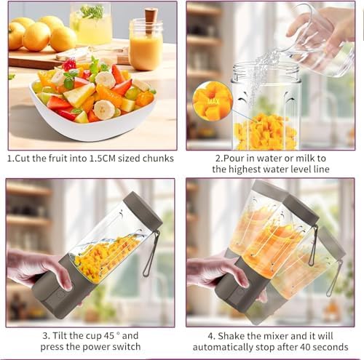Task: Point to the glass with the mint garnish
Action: [x=92, y=25]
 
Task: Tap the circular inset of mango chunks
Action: [x=212, y=103]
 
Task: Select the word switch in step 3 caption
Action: [x=122, y=347]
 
